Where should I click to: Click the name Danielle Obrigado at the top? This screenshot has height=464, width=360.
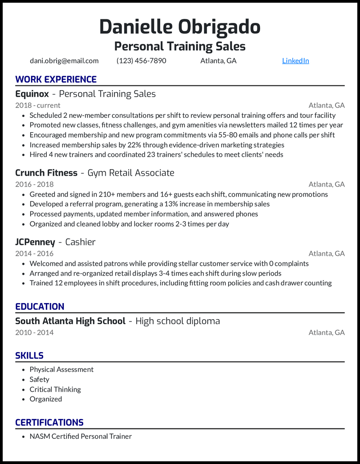[x=180, y=27]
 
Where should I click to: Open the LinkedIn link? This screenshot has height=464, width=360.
[x=295, y=61]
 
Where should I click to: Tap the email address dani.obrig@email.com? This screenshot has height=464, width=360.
[x=64, y=61]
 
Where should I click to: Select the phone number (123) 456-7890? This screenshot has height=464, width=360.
[x=141, y=61]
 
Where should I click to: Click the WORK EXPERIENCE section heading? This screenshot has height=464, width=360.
[x=56, y=80]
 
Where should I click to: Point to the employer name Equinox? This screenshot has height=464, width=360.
[x=31, y=94]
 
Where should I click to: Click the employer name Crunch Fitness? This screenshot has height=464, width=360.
[x=46, y=173]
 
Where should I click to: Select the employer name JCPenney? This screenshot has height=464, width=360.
[x=35, y=242]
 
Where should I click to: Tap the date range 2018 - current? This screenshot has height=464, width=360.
[x=38, y=105]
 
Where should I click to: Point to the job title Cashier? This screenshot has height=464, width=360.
[x=80, y=242]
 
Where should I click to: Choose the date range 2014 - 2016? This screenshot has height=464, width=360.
[x=34, y=254]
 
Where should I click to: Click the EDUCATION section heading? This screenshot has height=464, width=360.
[x=40, y=307]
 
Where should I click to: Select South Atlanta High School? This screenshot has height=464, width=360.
[x=70, y=321]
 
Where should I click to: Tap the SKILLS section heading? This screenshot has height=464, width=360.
[x=29, y=356]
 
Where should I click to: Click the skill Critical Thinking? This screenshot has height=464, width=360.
[x=55, y=389]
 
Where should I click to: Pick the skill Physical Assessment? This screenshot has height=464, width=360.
[x=62, y=370]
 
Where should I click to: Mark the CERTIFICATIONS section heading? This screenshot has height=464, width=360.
[x=49, y=423]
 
